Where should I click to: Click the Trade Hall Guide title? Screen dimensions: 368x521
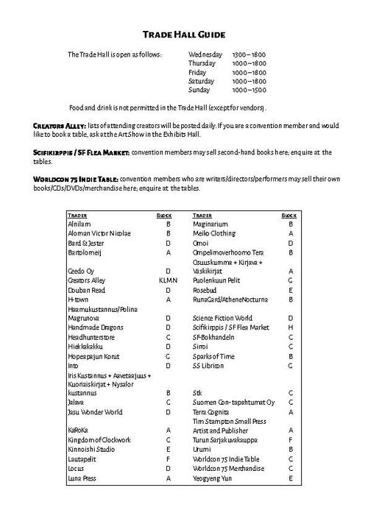click(x=183, y=35)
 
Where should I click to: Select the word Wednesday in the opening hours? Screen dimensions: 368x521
click(x=206, y=55)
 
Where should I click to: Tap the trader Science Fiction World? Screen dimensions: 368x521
click(x=222, y=317)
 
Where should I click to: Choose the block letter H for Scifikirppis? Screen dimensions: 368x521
click(x=291, y=327)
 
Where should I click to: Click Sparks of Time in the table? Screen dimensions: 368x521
click(x=213, y=355)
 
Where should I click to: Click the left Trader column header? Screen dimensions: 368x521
click(x=77, y=215)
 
